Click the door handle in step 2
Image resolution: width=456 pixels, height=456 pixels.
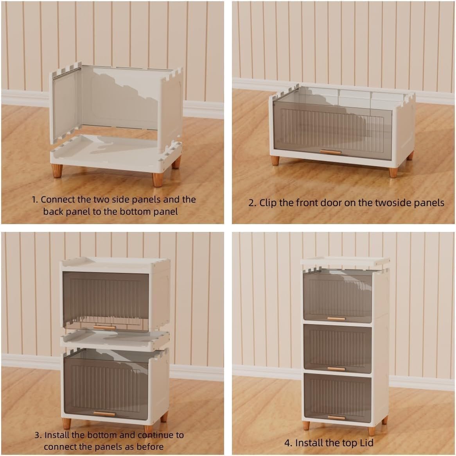(330, 152)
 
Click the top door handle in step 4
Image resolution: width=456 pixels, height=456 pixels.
(336, 319)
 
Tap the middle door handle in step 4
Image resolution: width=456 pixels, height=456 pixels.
(336, 369)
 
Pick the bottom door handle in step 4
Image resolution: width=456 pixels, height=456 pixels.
(336, 418)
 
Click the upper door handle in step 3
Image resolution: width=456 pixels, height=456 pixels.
(104, 327)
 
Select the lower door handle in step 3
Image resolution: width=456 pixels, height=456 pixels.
(104, 413)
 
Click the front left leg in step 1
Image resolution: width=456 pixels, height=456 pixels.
(57, 171)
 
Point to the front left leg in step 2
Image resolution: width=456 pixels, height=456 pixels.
(275, 160)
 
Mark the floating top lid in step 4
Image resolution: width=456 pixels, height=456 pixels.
(345, 261)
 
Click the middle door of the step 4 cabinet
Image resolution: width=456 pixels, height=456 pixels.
(338, 348)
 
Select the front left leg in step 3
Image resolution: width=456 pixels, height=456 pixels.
(66, 424)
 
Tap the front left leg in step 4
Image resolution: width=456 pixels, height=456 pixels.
(306, 425)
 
